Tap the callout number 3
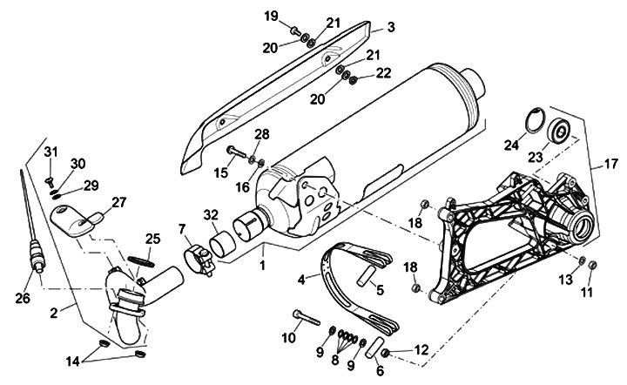click(391, 28)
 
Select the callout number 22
click(382, 73)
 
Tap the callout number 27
click(118, 202)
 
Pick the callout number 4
click(301, 280)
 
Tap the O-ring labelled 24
click(540, 122)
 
